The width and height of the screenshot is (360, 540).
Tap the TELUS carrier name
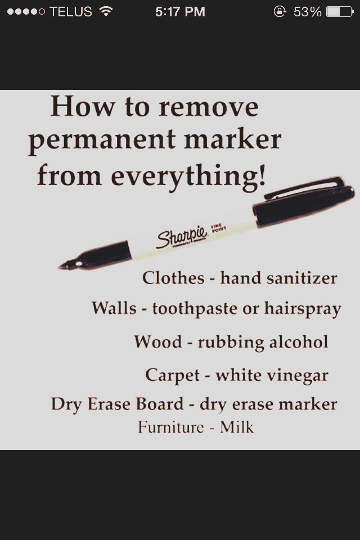click(x=70, y=12)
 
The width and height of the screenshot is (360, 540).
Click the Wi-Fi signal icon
click(x=105, y=11)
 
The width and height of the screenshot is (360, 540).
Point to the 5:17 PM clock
click(x=180, y=12)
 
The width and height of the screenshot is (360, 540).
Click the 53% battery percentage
click(x=307, y=12)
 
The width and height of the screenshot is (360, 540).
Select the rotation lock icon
click(x=280, y=12)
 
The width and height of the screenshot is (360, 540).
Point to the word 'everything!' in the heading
click(x=188, y=175)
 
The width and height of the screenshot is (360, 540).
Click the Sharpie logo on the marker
click(x=174, y=237)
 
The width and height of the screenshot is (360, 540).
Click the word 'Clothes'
click(x=173, y=278)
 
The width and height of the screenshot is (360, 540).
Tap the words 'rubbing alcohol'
click(x=263, y=342)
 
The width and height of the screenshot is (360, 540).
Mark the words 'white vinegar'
click(x=272, y=375)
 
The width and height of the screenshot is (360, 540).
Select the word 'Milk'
click(x=237, y=427)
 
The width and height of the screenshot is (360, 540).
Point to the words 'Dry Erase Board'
click(x=117, y=404)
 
